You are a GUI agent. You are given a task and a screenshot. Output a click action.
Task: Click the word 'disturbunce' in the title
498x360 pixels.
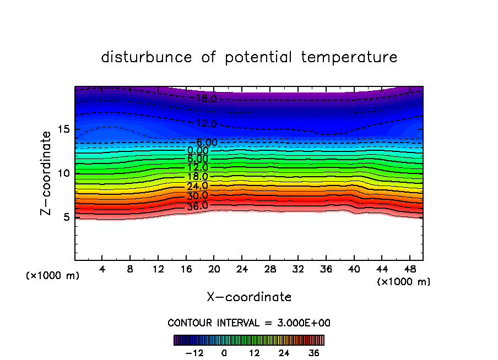[x=147, y=57]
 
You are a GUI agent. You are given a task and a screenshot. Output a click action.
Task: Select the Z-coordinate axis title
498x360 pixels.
[x=47, y=173]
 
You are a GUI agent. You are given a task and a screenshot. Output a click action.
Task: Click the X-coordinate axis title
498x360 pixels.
[x=249, y=297]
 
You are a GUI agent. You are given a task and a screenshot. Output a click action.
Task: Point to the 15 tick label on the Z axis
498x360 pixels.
[x=62, y=129]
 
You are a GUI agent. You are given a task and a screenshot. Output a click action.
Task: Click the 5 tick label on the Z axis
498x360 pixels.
[x=66, y=217]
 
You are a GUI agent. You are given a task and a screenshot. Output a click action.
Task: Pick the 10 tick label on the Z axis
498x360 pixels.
[x=62, y=173]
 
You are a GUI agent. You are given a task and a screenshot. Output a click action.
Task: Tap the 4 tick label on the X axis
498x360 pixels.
[x=102, y=269]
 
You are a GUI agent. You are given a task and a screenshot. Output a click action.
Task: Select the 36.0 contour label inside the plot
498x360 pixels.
[x=197, y=206]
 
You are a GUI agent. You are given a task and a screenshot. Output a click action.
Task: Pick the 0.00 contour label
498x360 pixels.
[x=197, y=150]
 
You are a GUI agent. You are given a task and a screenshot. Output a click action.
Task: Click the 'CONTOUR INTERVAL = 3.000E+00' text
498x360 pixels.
[x=249, y=323]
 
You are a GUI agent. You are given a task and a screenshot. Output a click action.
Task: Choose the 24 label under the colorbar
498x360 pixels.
[x=284, y=353]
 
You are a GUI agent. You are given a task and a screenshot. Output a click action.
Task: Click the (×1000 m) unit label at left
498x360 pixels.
[x=53, y=276]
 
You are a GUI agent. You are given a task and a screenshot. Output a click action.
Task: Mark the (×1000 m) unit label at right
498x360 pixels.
[x=404, y=282]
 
